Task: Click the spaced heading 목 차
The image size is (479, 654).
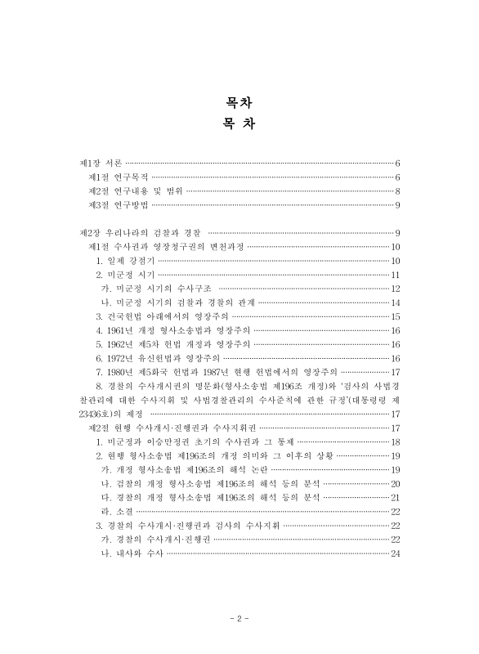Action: (x=239, y=124)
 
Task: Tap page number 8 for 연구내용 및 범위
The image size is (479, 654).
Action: (x=396, y=191)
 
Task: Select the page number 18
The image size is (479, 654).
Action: (x=395, y=441)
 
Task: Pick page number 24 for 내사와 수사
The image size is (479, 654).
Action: (x=395, y=554)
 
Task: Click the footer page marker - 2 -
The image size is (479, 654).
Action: (x=239, y=619)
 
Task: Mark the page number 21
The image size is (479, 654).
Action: (x=395, y=497)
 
